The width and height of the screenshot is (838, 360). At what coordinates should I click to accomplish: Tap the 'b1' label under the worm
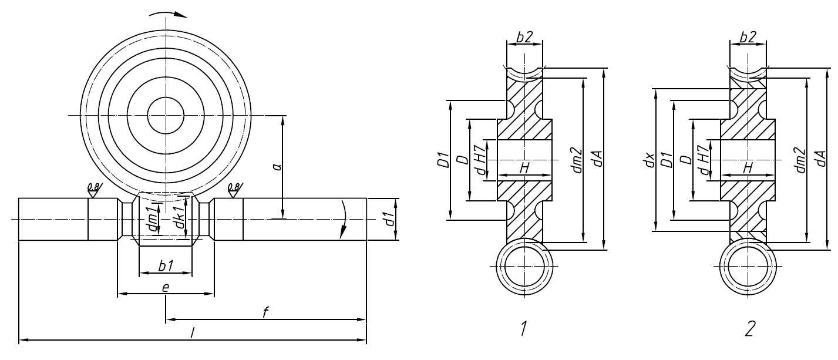[166, 265]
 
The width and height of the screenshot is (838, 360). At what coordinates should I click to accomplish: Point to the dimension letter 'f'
[265, 312]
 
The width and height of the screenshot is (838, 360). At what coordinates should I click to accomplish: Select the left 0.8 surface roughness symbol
[93, 190]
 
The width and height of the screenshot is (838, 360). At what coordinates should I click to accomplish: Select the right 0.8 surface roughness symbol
[233, 190]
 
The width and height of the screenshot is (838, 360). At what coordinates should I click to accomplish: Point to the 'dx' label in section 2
[649, 160]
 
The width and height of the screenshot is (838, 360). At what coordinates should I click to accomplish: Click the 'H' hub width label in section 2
[748, 168]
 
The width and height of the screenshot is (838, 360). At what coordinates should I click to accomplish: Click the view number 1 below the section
[521, 330]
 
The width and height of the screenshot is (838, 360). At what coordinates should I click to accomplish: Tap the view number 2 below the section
[749, 330]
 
